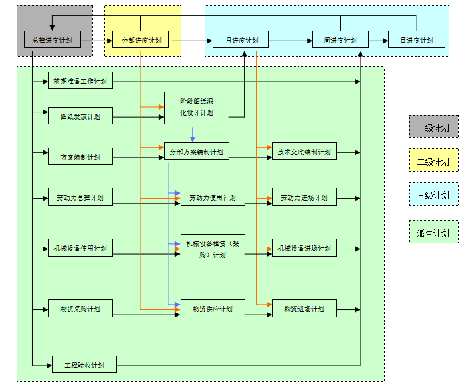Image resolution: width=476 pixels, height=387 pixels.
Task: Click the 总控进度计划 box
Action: click(52, 40)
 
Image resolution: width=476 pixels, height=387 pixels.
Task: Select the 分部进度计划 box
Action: click(140, 40)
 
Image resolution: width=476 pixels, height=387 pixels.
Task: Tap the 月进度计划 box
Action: click(240, 40)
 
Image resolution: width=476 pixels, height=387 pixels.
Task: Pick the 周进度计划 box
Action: click(340, 40)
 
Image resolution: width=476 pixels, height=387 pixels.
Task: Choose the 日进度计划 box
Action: click(416, 40)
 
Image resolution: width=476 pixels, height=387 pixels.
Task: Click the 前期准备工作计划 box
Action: click(80, 82)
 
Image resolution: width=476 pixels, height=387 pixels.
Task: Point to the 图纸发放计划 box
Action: click(80, 116)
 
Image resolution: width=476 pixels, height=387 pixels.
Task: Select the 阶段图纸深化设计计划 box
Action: click(197, 108)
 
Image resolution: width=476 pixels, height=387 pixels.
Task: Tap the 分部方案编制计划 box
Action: click(197, 151)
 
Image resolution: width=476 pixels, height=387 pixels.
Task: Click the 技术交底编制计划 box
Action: click(304, 151)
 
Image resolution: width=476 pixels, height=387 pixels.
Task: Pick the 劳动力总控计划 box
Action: click(80, 197)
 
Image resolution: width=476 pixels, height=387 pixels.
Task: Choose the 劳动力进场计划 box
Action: click(304, 197)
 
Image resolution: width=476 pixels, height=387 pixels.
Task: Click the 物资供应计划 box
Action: click(213, 308)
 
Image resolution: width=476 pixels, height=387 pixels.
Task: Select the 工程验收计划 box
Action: click(84, 365)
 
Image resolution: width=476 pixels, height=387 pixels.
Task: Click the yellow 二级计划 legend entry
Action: click(433, 161)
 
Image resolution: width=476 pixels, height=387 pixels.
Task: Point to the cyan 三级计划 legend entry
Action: click(433, 195)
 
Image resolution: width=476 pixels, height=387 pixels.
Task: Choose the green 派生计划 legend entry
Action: click(433, 233)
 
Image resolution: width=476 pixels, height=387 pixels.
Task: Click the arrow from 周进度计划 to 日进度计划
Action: click(378, 40)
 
